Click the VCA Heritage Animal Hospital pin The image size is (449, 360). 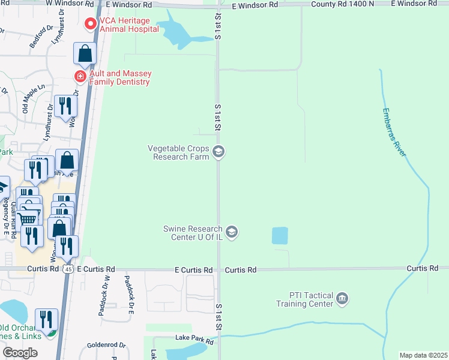[91, 25]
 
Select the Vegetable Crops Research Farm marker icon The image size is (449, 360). [219, 152]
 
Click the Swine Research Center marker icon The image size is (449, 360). [232, 231]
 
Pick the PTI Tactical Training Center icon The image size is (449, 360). [342, 298]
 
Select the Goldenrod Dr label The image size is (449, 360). [106, 345]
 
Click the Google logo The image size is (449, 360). [20, 353]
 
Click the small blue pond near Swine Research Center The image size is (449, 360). [280, 236]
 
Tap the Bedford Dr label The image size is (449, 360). [37, 37]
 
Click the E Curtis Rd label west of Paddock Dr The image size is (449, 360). [95, 270]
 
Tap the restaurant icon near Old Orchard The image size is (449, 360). [46, 319]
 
